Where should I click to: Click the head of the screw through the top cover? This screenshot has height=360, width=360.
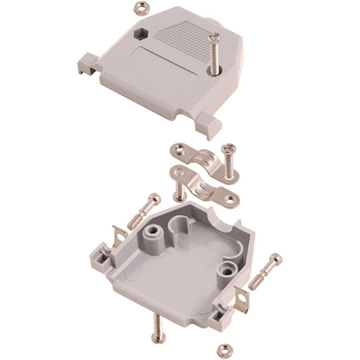[x=215, y=37]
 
